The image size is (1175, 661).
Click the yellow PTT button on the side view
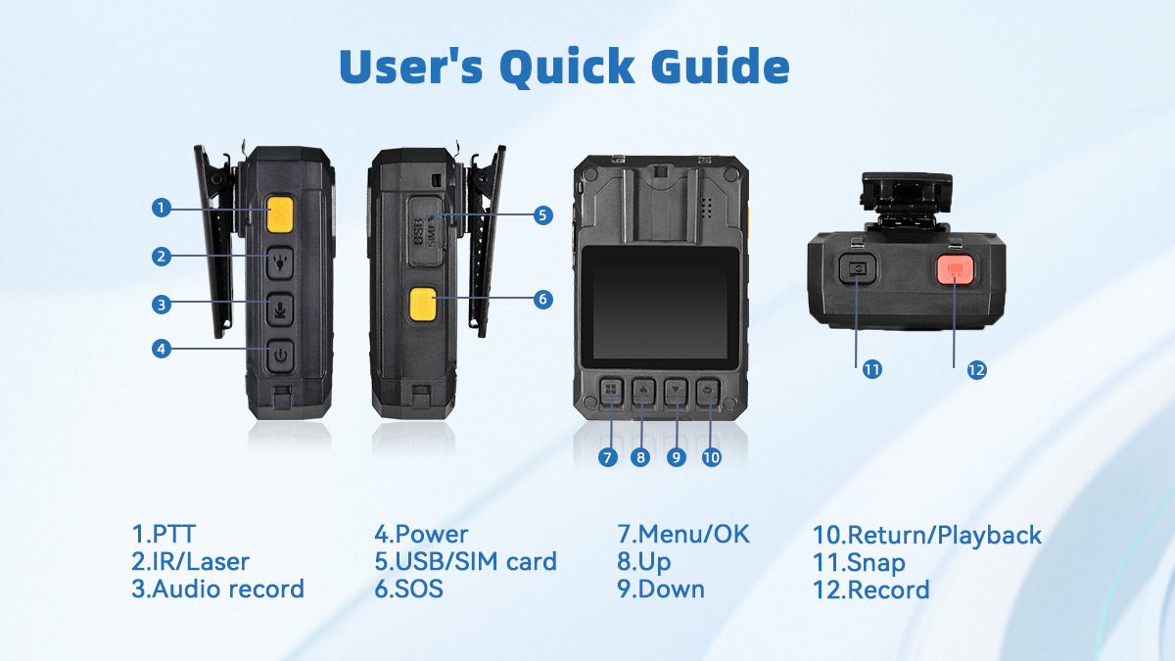(x=280, y=214)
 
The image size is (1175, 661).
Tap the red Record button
(x=955, y=269)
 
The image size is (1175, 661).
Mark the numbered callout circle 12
(x=976, y=370)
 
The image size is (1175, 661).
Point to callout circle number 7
(x=608, y=457)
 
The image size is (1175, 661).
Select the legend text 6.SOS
(x=408, y=589)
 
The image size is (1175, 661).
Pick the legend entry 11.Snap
(x=859, y=563)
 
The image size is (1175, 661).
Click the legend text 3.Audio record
(x=217, y=589)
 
